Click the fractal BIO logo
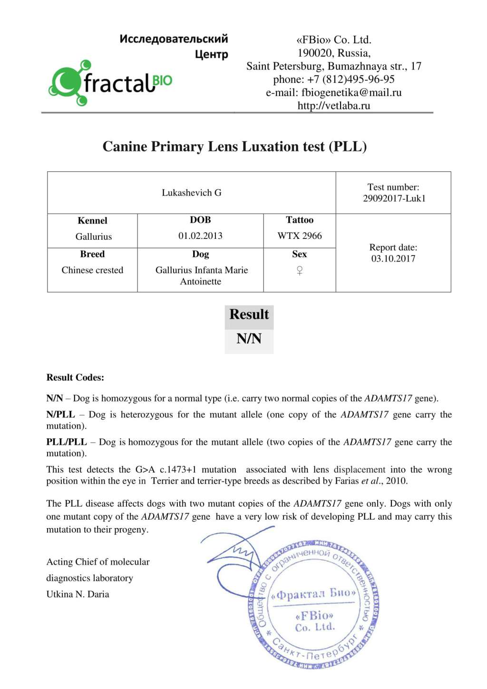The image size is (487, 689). click(110, 83)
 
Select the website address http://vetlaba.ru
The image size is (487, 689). click(333, 106)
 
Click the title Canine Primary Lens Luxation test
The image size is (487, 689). click(234, 146)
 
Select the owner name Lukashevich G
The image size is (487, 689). click(191, 193)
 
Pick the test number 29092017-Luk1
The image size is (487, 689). click(394, 198)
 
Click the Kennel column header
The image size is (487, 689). click(92, 220)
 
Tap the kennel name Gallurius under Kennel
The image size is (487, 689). click(93, 236)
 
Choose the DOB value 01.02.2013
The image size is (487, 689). click(200, 236)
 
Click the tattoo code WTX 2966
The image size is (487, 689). click(300, 236)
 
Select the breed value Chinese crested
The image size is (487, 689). click(92, 270)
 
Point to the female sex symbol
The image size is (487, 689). click(300, 270)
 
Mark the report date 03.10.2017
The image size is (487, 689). click(393, 258)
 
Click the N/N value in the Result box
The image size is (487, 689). click(249, 339)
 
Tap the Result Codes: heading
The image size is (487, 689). click(75, 377)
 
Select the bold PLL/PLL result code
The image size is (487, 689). click(67, 442)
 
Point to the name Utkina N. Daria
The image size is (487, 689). click(78, 594)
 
